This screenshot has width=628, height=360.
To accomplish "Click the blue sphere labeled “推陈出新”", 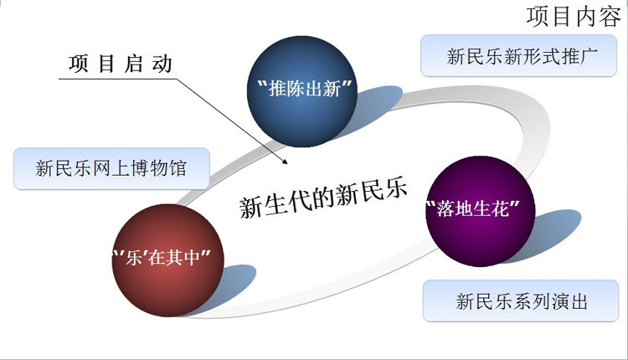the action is pos(302,91).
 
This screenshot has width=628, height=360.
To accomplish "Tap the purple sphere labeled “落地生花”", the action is pos(480,211).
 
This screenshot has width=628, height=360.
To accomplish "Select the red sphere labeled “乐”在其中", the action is pos(167,260).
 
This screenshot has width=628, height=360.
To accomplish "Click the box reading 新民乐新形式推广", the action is pos(518,55).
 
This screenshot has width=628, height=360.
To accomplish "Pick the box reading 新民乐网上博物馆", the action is pos(111,168).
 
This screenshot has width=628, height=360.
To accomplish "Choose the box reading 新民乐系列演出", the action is pos(521,301).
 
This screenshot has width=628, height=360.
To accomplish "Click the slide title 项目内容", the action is pos(574,17).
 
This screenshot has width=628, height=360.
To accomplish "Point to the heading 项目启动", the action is pos(121,64).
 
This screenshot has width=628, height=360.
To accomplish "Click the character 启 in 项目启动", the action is pos(134,64).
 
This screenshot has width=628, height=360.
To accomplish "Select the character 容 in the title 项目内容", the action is pos(610,17).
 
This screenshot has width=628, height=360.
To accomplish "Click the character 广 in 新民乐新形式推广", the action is pos(589,56).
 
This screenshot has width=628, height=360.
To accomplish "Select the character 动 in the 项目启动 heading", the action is pos(162,64).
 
